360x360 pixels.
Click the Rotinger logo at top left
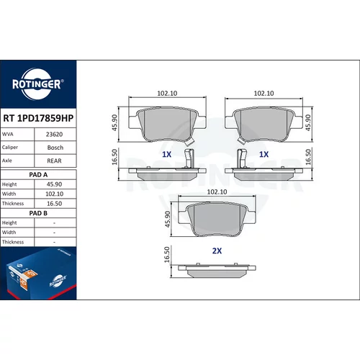pyautogui.click(x=38, y=84)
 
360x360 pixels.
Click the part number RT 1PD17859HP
pyautogui.click(x=38, y=118)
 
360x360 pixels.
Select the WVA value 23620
pyautogui.click(x=55, y=134)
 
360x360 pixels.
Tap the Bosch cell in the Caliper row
pyautogui.click(x=55, y=148)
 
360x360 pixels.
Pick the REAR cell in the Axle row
pyautogui.click(x=54, y=161)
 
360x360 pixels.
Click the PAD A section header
pyautogui.click(x=38, y=175)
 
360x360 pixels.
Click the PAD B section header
pyautogui.click(x=38, y=213)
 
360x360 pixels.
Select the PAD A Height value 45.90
pyautogui.click(x=54, y=184)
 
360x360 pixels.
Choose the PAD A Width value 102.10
pyautogui.click(x=55, y=194)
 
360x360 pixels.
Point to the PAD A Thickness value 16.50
pyautogui.click(x=54, y=204)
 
